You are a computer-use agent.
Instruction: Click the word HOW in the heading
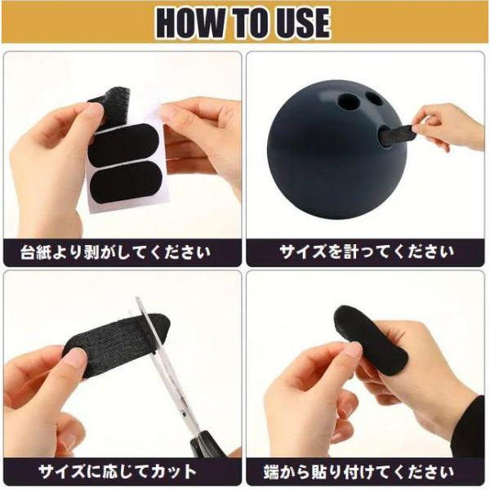coord(190,23)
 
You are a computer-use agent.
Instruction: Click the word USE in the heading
coord(301,23)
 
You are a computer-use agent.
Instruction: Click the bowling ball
coord(337,150)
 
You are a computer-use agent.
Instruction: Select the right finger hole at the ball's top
coord(374,99)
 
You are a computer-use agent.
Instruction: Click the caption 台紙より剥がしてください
coord(116,252)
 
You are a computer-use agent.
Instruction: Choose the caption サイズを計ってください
coord(366,252)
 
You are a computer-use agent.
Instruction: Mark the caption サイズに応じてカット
coord(117,472)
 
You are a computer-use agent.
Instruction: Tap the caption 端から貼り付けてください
coord(359,472)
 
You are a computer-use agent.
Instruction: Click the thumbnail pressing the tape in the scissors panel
coord(76,355)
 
